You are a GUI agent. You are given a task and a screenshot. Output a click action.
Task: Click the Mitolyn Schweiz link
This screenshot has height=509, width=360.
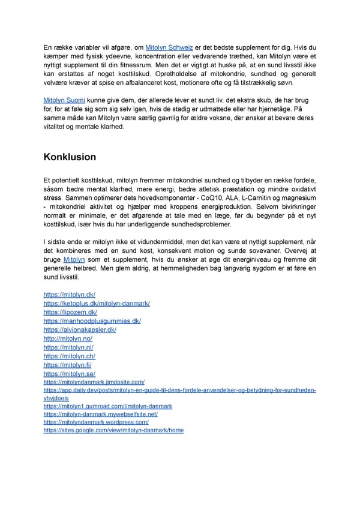point(170,47)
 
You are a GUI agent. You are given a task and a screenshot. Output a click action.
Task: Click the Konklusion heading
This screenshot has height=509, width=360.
point(70,157)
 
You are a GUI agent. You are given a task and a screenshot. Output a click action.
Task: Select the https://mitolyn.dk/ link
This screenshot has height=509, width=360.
point(70,295)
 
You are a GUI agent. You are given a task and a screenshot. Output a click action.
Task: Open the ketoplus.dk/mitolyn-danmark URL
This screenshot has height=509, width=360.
point(97,304)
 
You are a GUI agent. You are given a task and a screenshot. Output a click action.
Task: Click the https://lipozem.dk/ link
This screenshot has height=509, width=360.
point(70,312)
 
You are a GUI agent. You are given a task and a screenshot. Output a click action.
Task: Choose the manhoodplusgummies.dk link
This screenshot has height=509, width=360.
point(92,321)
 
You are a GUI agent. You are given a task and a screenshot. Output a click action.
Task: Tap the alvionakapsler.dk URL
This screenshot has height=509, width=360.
point(80,330)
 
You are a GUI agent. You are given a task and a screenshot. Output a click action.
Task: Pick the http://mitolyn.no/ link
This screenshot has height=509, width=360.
point(68,339)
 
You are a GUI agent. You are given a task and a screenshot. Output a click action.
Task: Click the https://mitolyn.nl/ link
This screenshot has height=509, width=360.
point(68,347)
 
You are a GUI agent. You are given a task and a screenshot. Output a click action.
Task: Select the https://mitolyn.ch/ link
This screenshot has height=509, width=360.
point(69,356)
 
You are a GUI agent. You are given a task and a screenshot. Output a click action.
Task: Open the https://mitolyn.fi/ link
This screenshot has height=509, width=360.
point(68,364)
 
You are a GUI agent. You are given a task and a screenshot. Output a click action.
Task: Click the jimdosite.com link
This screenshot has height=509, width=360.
point(94,382)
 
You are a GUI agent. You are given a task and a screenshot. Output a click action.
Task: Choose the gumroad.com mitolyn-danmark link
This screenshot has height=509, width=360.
point(108,406)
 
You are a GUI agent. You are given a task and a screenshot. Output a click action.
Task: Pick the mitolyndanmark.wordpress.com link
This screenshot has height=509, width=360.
point(96,423)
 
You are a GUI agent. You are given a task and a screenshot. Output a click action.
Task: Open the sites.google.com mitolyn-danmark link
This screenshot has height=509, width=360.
point(113,430)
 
